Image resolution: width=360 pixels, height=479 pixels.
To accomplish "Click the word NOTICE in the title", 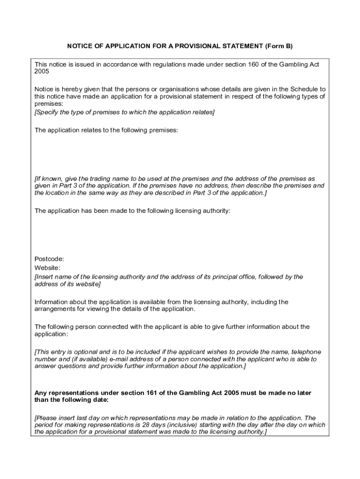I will point(79,46).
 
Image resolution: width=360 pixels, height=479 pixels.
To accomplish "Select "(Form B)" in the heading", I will point(279,46).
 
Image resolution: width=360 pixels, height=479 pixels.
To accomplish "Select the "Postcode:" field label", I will point(49,259).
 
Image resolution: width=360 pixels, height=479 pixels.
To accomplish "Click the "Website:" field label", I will point(47,268).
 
